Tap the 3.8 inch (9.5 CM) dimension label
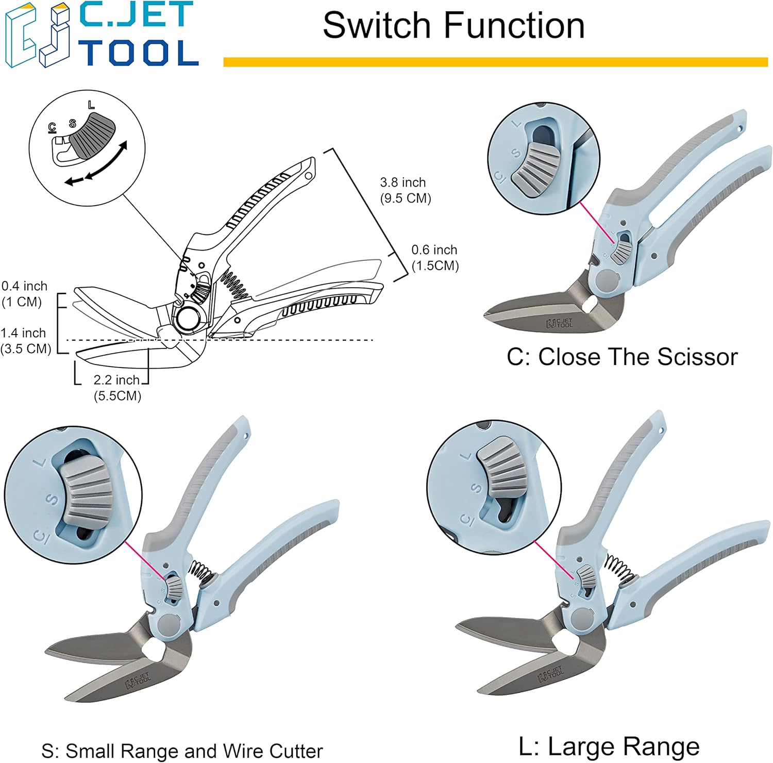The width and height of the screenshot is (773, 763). click(x=405, y=190)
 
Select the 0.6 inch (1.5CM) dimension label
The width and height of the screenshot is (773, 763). click(x=434, y=257)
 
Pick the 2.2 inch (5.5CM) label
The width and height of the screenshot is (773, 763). click(x=117, y=388)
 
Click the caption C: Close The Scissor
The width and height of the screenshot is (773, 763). click(x=622, y=357)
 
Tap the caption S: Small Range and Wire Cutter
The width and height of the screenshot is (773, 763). click(x=182, y=751)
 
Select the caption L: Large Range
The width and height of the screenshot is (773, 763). click(x=609, y=746)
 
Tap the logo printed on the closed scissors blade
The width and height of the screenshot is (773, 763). click(x=559, y=323)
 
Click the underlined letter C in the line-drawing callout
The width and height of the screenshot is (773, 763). click(x=52, y=127)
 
